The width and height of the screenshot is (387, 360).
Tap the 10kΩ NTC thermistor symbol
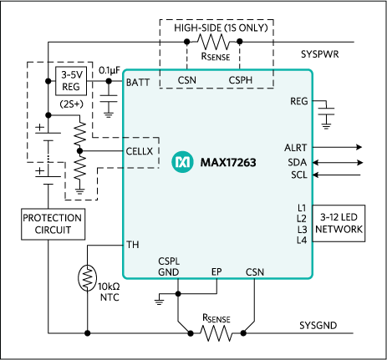[86, 276]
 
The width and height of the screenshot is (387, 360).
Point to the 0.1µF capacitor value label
[111, 69]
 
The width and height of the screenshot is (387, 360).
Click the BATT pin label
[139, 83]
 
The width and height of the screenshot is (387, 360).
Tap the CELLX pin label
[141, 150]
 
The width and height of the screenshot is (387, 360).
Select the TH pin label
[133, 246]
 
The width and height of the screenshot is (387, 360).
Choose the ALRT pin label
[296, 147]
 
